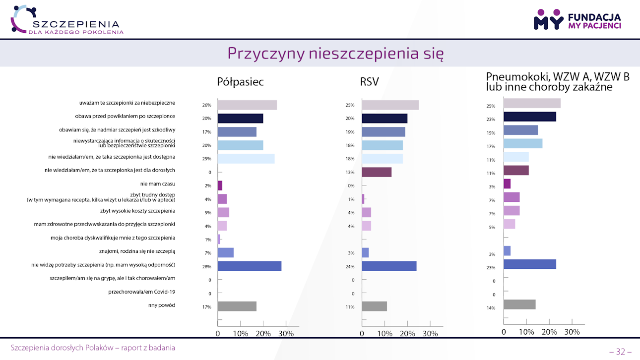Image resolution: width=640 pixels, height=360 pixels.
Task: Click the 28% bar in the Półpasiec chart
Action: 250,266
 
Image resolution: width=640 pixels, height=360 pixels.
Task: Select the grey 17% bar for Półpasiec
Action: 237,306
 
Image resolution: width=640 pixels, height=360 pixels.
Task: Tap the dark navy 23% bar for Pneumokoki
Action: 530,117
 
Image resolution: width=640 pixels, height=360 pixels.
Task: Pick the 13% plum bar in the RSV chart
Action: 377,172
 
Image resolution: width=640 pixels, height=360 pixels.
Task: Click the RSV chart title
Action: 370,82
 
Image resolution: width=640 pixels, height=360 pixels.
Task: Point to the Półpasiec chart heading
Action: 240,82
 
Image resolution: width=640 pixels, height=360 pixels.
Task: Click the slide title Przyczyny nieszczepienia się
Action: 335,53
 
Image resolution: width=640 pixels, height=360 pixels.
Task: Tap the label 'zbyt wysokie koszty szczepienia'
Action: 137,211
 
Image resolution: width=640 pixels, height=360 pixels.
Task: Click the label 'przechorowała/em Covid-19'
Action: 141,292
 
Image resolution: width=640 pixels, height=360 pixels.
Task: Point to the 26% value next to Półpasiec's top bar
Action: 207,105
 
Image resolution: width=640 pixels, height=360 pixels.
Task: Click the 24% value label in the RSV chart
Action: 350,267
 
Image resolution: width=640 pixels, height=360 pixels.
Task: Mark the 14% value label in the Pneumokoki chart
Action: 491,308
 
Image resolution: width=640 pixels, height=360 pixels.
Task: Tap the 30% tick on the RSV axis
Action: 430,334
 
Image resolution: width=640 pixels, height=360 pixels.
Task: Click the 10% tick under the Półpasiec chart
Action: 241,334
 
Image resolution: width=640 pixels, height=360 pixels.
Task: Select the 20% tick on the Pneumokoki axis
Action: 549,332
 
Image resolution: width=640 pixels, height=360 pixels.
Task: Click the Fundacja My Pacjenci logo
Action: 577,19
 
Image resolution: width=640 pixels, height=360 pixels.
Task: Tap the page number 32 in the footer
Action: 620,352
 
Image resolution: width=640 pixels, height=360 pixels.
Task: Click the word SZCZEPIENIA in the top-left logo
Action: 75,24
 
